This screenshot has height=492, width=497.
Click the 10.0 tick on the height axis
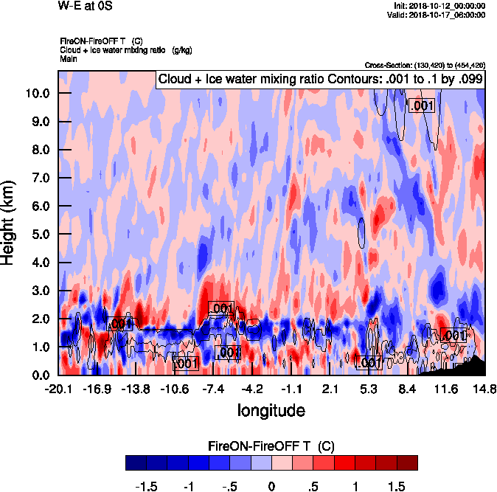pyautogui.click(x=37, y=94)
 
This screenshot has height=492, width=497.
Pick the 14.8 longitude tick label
pyautogui.click(x=484, y=389)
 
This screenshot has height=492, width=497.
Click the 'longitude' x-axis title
pyautogui.click(x=271, y=409)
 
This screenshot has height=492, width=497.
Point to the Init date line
pyautogui.click(x=439, y=5)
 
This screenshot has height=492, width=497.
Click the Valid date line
pyautogui.click(x=438, y=14)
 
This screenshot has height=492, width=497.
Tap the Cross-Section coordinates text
pyautogui.click(x=425, y=65)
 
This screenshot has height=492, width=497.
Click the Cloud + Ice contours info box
pyautogui.click(x=319, y=80)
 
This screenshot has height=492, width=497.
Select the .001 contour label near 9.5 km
pyautogui.click(x=423, y=106)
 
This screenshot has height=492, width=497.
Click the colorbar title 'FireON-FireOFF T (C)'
pyautogui.click(x=271, y=446)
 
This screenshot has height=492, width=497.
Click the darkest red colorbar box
pyautogui.click(x=407, y=463)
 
